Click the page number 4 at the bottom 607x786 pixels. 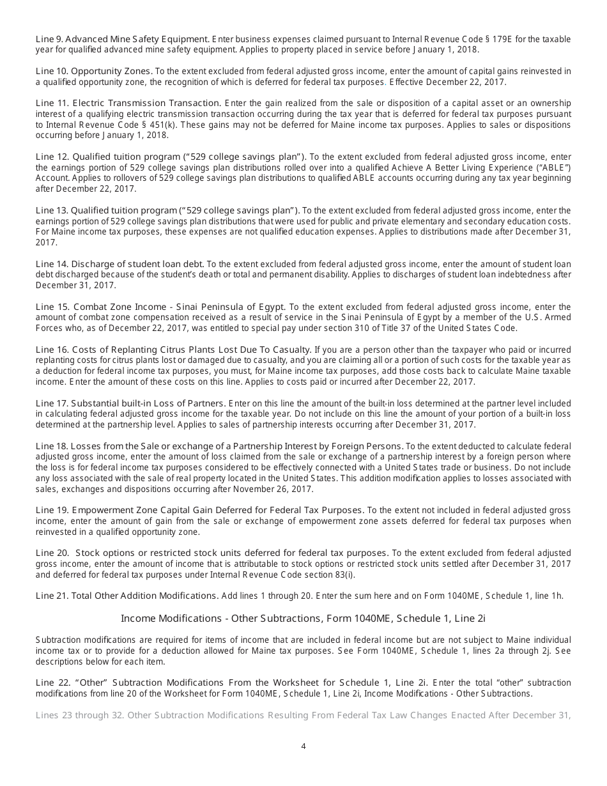[x=303, y=745]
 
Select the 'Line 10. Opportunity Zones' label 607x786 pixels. [x=94, y=71]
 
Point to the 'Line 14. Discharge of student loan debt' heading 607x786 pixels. [x=119, y=264]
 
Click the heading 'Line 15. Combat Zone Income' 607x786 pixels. [x=160, y=307]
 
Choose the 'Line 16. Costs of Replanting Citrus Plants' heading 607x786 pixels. [x=173, y=350]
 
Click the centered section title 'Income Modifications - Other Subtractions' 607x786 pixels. [x=303, y=618]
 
